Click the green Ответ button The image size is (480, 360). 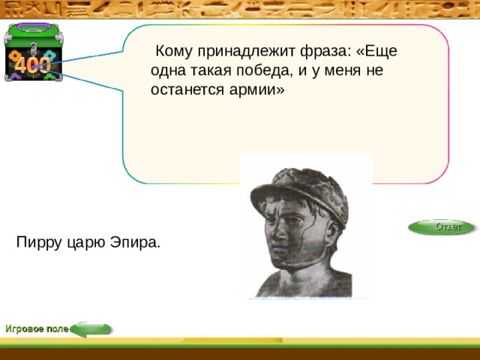click(x=441, y=227)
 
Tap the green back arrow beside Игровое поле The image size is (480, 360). click(x=91, y=329)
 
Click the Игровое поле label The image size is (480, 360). click(x=37, y=329)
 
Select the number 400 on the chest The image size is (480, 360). click(x=32, y=65)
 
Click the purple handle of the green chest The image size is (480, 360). click(x=33, y=27)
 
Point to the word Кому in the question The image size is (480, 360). click(x=174, y=51)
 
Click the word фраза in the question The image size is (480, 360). click(x=325, y=52)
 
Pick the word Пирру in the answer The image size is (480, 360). click(x=39, y=243)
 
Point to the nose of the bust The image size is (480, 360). click(x=277, y=231)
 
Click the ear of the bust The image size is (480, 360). click(x=333, y=234)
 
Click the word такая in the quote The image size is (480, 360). click(x=211, y=71)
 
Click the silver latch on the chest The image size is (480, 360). click(x=33, y=49)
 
